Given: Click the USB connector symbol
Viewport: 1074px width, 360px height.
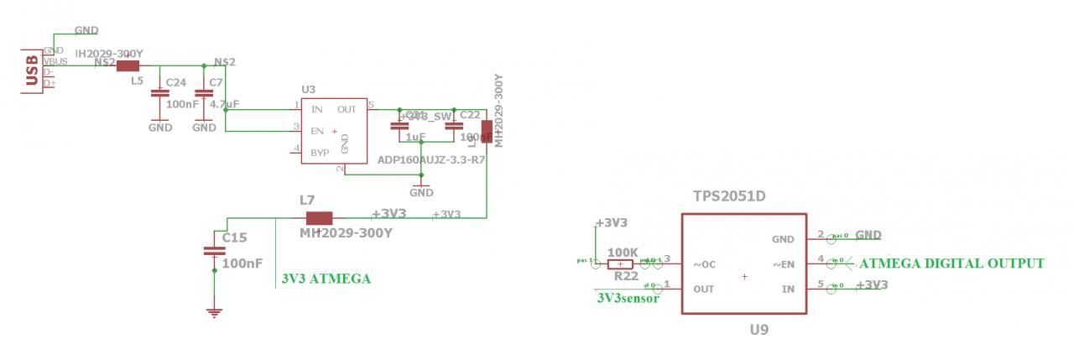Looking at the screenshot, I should [x=32, y=68].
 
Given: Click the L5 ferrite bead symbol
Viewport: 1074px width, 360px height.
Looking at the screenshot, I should [x=128, y=66].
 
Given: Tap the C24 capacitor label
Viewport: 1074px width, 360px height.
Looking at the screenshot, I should [x=176, y=82].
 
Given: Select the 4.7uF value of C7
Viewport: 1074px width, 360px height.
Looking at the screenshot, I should [x=224, y=104].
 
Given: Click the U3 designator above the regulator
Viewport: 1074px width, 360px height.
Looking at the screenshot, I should [x=308, y=89].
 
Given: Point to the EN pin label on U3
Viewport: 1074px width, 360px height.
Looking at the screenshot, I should [x=317, y=131].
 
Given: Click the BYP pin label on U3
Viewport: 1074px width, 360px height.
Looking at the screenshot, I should [x=320, y=153].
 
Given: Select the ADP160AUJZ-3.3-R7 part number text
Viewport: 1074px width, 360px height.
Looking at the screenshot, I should [x=431, y=159].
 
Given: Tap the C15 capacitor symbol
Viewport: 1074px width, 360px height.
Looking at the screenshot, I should [x=214, y=250].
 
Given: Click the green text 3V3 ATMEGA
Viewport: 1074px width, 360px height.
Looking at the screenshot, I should [x=326, y=279].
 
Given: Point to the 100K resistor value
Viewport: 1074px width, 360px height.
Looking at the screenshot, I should [x=623, y=252].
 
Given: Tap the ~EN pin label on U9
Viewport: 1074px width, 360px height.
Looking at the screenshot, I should [x=783, y=265].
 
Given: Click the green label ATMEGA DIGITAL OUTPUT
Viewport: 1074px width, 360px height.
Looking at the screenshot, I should [x=952, y=263].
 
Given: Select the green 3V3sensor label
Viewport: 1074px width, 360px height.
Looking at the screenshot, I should [x=628, y=297].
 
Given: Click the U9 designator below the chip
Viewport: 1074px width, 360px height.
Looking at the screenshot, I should [x=759, y=330].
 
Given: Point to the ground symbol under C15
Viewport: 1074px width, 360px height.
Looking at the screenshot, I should [x=214, y=312].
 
